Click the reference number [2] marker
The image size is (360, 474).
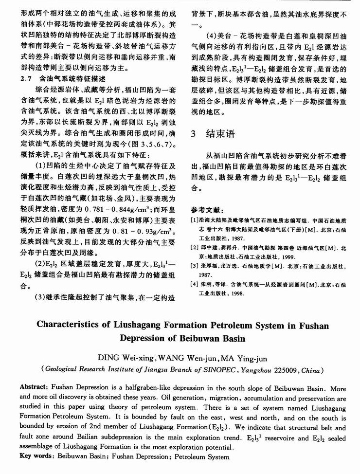point(195,247)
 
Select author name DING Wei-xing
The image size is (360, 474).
point(128,358)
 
